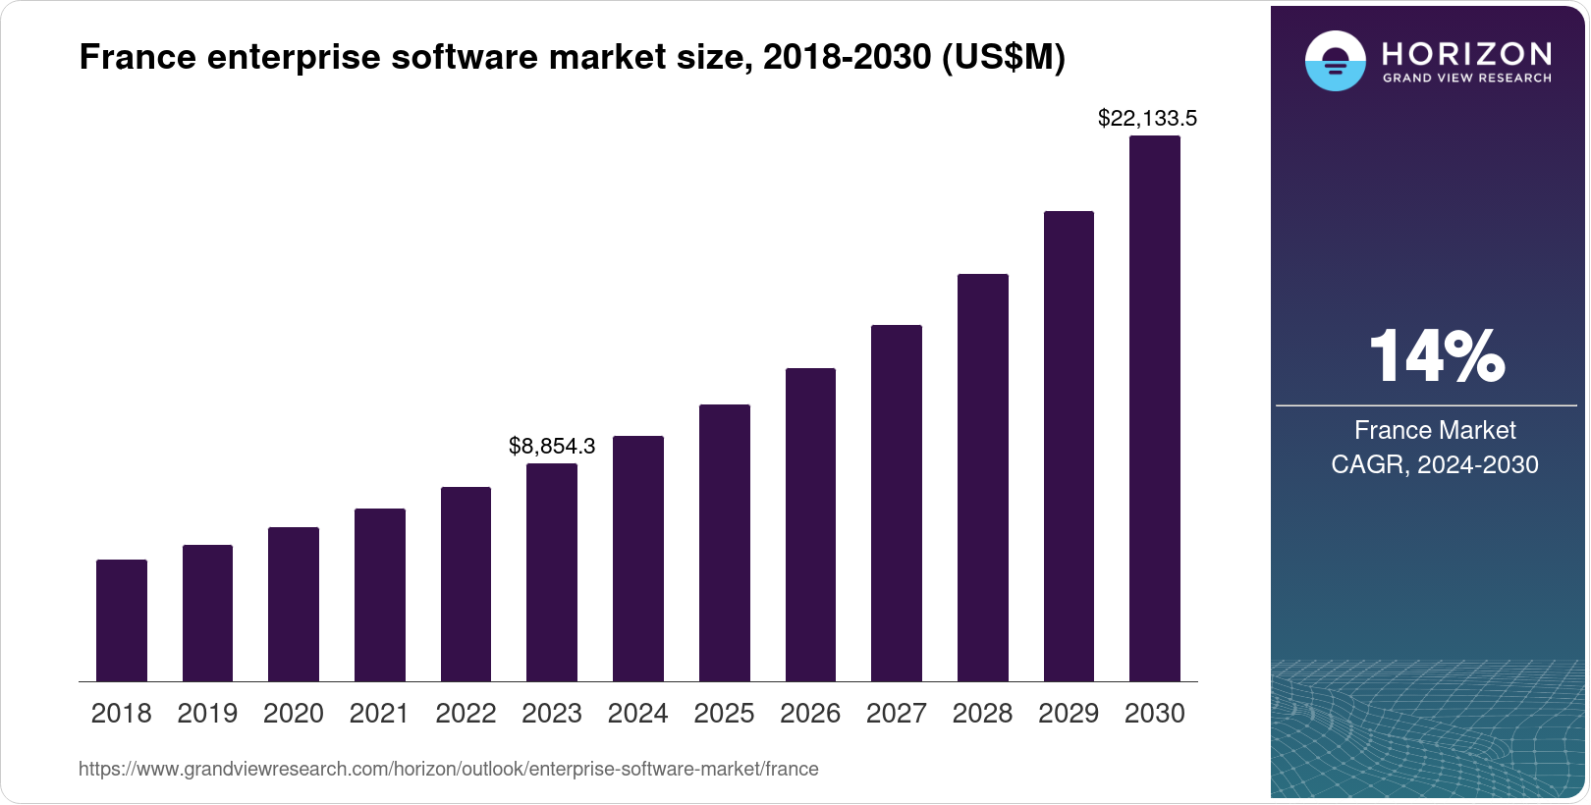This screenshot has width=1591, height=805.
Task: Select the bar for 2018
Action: tap(122, 620)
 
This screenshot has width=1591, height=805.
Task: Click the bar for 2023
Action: tap(552, 572)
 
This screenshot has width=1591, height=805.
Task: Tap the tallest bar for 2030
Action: tap(1154, 408)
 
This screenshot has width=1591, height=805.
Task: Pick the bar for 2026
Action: tap(810, 524)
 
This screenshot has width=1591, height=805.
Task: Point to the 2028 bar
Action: tap(982, 477)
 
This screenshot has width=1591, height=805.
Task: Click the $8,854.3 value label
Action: tap(552, 447)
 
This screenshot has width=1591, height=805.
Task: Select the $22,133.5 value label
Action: tap(1147, 119)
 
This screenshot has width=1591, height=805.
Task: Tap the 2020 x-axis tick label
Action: tap(294, 714)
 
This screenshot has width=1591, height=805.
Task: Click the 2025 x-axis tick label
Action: tap(724, 714)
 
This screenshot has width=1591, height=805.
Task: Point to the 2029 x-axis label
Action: tap(1069, 714)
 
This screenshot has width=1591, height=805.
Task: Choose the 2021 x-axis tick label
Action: tap(379, 714)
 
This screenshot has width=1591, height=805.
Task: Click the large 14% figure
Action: tap(1436, 356)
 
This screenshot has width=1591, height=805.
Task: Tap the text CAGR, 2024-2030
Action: tap(1434, 464)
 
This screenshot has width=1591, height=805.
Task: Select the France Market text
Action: tap(1435, 430)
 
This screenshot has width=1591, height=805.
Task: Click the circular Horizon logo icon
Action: tap(1335, 61)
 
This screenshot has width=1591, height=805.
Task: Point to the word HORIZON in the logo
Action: tap(1466, 53)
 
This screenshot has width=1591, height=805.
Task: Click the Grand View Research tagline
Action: tap(1466, 78)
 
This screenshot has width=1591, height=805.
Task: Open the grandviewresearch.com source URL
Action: tap(448, 769)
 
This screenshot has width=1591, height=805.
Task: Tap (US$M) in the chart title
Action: tap(1003, 58)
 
